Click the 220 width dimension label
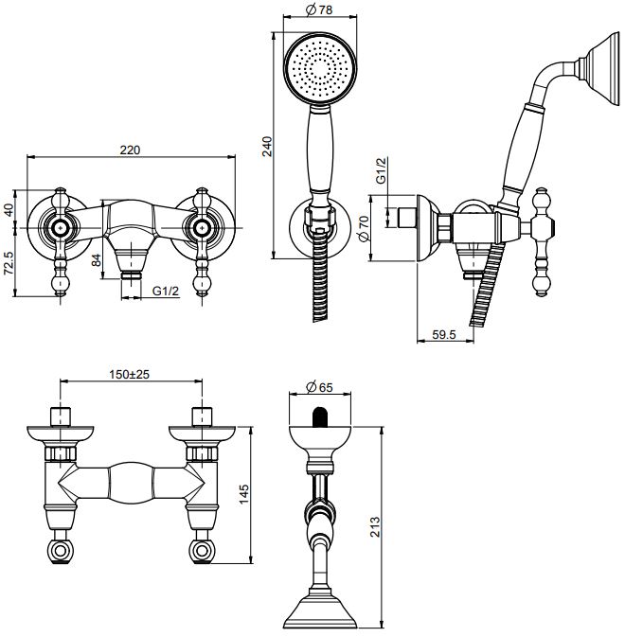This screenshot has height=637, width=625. (130, 150)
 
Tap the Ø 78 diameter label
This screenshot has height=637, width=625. (319, 9)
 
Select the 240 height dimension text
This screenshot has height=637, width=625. (267, 147)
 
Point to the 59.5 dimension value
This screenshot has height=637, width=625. (444, 335)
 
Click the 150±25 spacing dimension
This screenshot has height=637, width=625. (129, 374)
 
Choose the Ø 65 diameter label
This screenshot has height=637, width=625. (319, 387)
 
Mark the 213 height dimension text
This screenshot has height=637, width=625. (375, 527)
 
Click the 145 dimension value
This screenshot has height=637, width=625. (243, 494)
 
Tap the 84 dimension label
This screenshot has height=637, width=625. (96, 260)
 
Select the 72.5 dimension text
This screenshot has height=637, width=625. (9, 263)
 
